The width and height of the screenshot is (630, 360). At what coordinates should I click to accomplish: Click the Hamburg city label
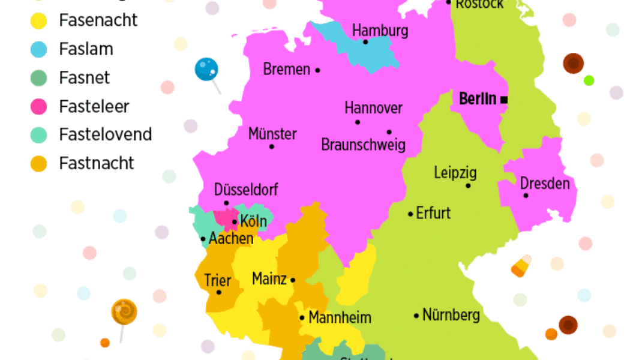point(380,30)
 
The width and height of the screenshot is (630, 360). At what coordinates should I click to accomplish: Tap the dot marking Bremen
point(317,70)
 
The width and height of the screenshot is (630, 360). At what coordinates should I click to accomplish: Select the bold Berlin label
point(478,99)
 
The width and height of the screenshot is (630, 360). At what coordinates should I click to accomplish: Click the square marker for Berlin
point(505,100)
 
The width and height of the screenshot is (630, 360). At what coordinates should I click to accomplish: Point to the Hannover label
point(373,109)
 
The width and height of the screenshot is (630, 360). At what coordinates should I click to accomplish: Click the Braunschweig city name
point(363,145)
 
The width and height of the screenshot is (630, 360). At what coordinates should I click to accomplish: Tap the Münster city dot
point(272,146)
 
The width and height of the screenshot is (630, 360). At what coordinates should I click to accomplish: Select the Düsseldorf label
point(246,190)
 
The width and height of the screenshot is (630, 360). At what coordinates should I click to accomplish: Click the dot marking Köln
point(235,222)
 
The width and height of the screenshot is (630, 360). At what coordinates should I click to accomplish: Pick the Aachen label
point(231,239)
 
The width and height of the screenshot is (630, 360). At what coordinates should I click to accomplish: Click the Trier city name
point(217,280)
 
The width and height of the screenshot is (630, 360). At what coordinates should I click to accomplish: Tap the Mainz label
point(269,279)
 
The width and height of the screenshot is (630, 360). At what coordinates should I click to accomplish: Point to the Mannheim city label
point(340,318)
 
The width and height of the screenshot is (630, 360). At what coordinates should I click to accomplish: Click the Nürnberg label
point(451,315)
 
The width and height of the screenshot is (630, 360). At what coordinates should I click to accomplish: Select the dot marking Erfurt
point(410,214)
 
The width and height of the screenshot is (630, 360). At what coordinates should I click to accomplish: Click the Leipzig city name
point(455,173)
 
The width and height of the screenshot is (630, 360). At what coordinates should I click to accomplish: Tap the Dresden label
point(545,183)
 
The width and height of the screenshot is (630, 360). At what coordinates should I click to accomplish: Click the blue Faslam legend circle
point(38,49)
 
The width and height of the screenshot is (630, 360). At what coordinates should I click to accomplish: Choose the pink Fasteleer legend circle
point(38,107)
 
